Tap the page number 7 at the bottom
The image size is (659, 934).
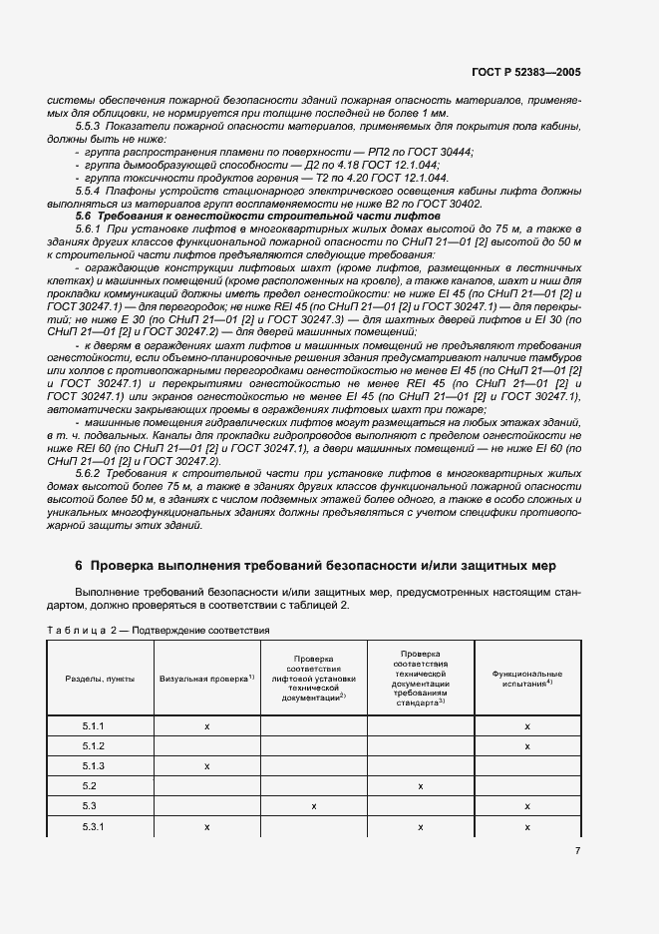[x=578, y=850]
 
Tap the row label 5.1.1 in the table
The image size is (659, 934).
[x=94, y=725]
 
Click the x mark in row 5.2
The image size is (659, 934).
[x=421, y=786]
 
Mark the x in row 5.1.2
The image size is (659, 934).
[x=526, y=746]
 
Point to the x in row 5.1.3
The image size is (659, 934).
[x=207, y=766]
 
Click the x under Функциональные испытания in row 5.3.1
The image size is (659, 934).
[x=526, y=826]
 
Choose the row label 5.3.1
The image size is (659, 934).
[x=94, y=826]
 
